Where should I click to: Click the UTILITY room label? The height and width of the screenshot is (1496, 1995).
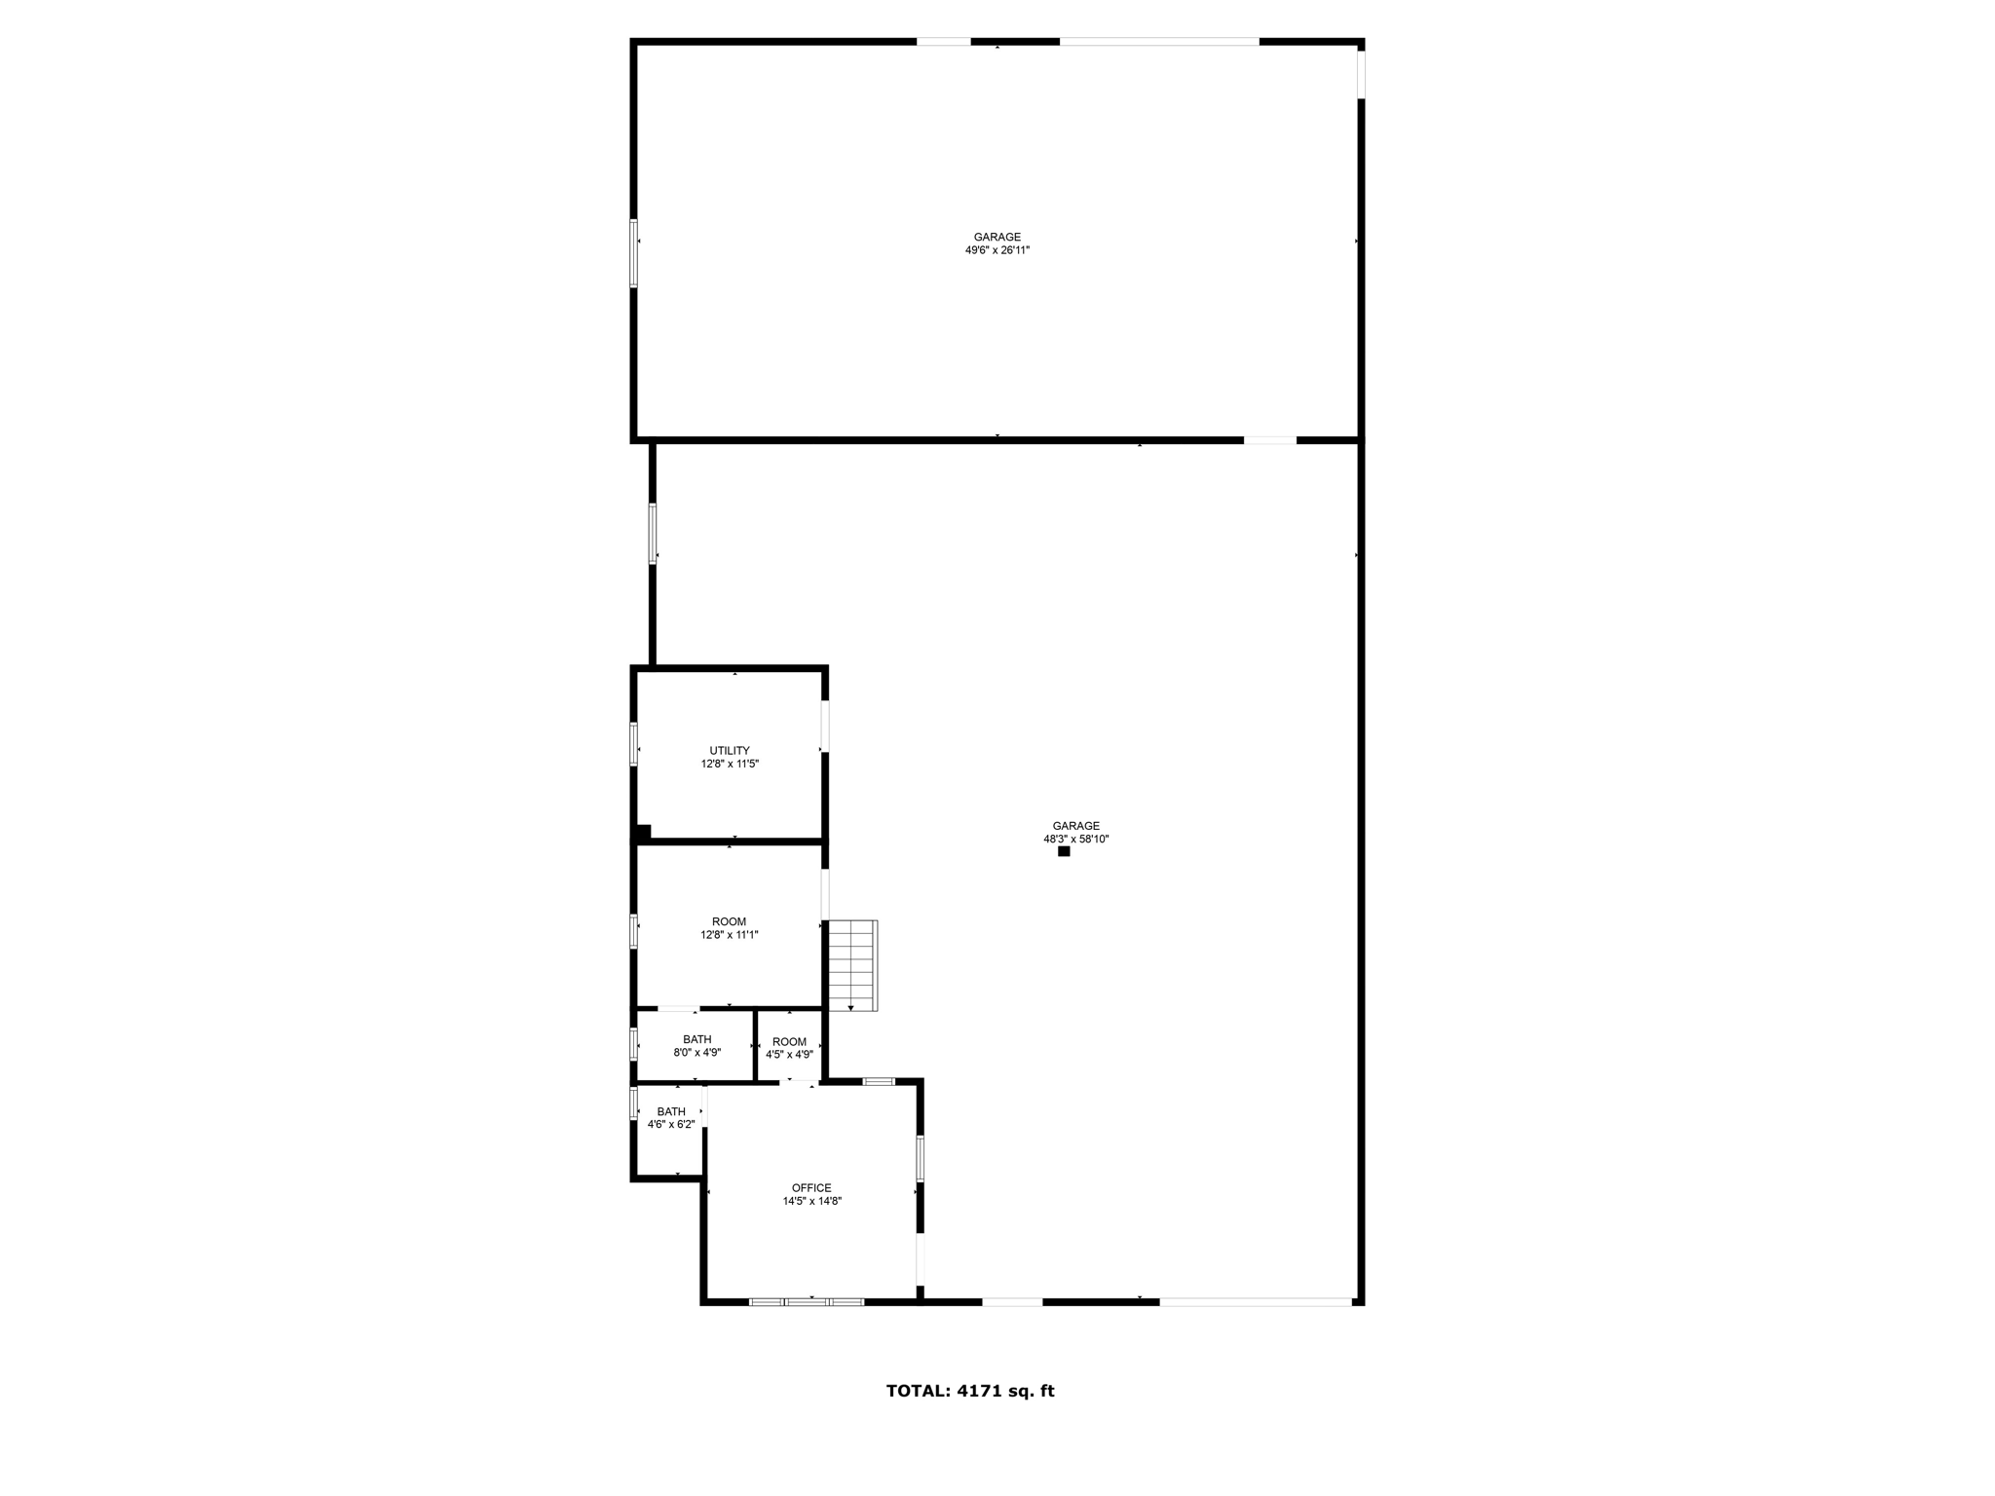pos(729,750)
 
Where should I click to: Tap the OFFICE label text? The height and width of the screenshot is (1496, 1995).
pos(811,1187)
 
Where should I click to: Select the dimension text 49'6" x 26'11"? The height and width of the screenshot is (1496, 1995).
pos(997,250)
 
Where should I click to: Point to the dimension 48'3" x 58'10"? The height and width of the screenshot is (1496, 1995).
pos(1075,839)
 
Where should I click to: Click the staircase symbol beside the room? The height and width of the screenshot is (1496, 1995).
pos(852,965)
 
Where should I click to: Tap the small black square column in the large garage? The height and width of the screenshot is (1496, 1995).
pos(1064,851)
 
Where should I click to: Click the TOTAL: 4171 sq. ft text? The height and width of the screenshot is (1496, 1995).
pos(969,1391)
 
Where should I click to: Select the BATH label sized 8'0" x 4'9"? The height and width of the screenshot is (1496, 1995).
pos(696,1039)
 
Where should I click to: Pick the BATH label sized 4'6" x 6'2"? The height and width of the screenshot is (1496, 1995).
pos(671,1111)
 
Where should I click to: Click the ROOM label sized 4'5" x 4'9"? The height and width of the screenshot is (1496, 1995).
pos(789,1041)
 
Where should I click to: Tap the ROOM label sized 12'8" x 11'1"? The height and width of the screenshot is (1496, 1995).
pos(729,921)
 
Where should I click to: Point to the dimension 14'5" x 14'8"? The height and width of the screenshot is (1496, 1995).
pos(811,1201)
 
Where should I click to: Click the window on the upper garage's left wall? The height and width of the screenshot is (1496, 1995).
pos(633,253)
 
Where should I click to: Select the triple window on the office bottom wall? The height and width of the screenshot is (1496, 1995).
pos(806,1301)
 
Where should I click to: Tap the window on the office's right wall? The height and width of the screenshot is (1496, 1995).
pos(919,1159)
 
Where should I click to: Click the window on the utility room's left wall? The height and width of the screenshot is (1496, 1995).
pos(633,743)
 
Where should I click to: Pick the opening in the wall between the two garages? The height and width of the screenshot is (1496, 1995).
pos(1269,440)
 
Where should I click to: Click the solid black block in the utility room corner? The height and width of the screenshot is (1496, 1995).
pos(643,832)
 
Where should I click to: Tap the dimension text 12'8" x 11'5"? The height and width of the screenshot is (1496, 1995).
pos(729,764)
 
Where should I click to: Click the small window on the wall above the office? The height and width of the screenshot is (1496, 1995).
pos(879,1081)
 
